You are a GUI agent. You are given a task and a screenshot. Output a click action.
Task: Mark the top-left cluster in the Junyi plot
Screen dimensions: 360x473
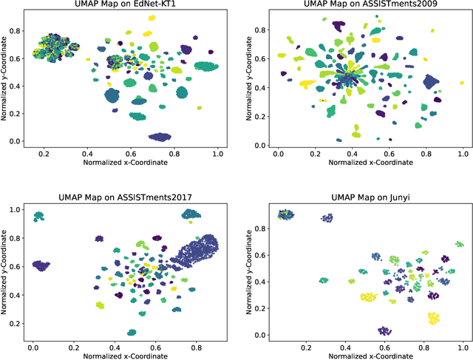(x=285, y=214)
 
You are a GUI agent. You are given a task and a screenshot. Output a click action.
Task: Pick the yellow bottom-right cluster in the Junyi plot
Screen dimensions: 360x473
(x=434, y=319)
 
